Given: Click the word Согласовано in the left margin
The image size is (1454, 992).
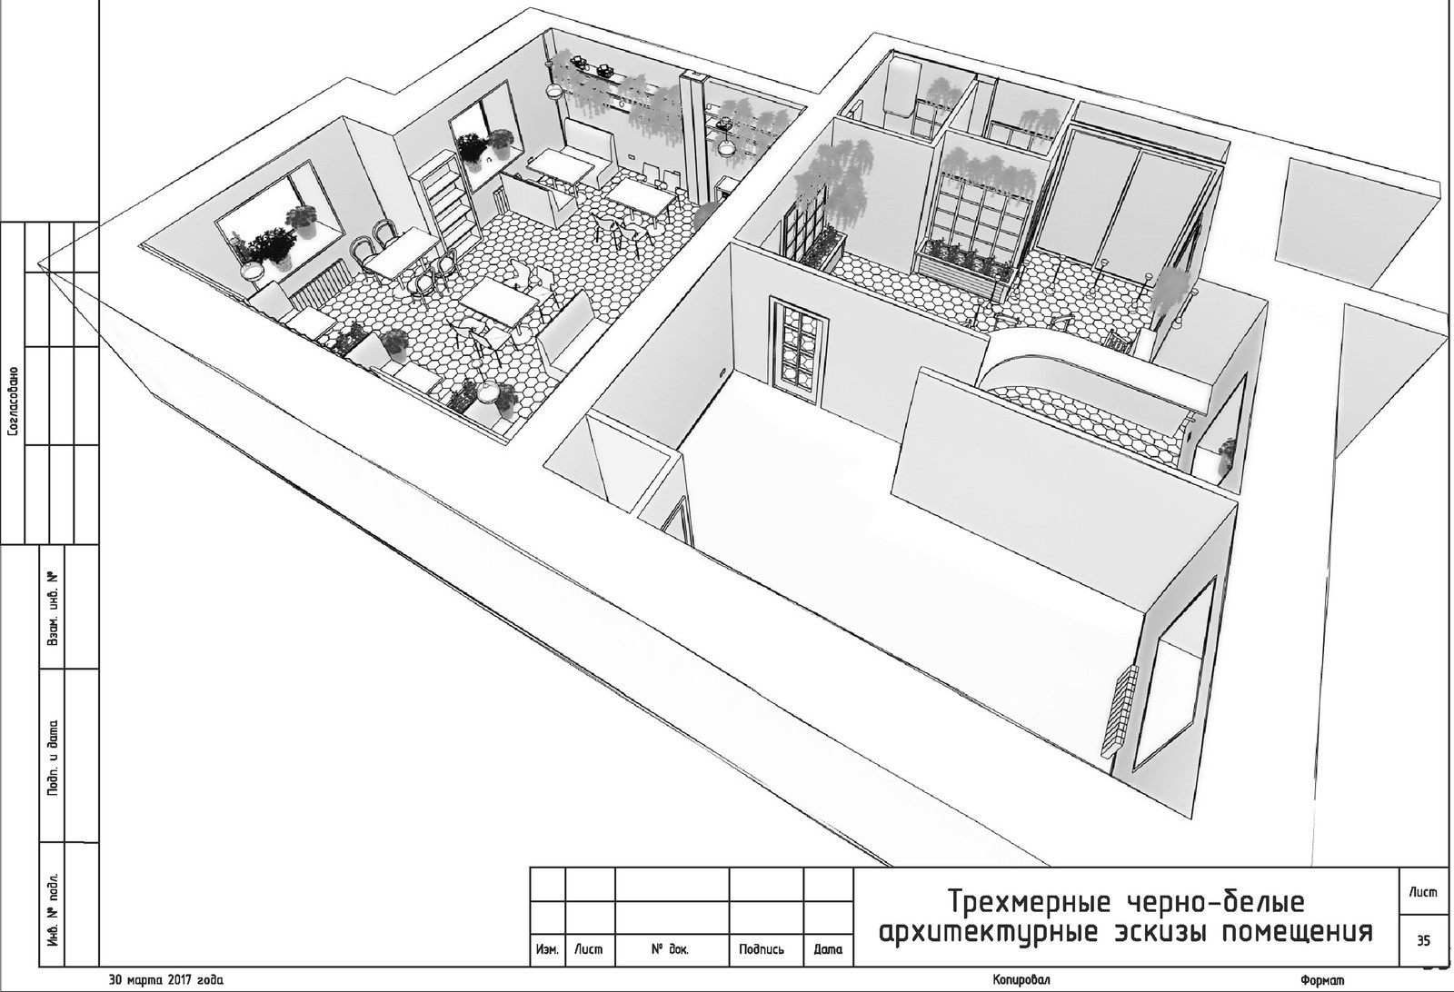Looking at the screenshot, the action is pos(14,402).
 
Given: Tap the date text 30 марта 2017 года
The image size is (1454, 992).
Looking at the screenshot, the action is pos(167,979).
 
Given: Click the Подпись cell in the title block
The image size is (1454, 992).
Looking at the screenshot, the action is pos(762,949).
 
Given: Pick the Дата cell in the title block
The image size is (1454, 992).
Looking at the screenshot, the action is pos(828,949).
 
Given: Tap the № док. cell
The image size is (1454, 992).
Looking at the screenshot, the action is pos(671,949).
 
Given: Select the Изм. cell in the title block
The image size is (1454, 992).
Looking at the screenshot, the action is pos(548,949).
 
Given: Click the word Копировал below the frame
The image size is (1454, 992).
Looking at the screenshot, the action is pos(1021,979).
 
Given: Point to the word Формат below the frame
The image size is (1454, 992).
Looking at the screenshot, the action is pos(1322,980).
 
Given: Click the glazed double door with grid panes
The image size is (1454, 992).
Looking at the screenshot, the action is pos(799,351).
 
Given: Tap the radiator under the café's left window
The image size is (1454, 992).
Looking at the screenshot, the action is pos(318,289).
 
